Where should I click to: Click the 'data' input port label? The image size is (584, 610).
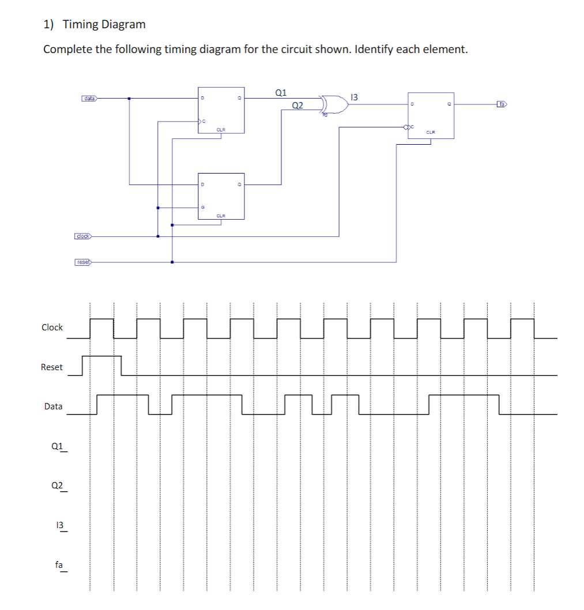pos(89,99)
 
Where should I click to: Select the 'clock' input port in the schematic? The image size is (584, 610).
pos(83,236)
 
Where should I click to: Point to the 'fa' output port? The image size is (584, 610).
pos(502,104)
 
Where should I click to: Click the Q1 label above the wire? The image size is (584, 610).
pos(281,92)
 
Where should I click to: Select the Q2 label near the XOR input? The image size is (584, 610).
pos(297,105)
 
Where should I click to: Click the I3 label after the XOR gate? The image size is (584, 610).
pos(354,97)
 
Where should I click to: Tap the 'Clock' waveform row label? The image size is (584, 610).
pos(52,327)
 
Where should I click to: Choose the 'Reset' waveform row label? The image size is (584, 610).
pos(52,367)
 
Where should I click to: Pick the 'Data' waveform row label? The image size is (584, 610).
pos(53,406)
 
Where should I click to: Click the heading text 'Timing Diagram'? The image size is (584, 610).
pos(104,24)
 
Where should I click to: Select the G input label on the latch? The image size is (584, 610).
pos(202,207)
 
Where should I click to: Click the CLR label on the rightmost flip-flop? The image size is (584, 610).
pos(430,133)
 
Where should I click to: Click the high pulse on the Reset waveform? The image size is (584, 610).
pos(102,356)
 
